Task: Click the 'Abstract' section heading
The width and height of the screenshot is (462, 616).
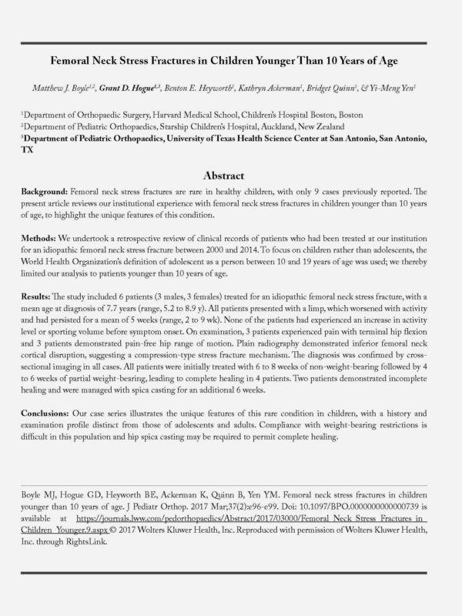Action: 230,175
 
